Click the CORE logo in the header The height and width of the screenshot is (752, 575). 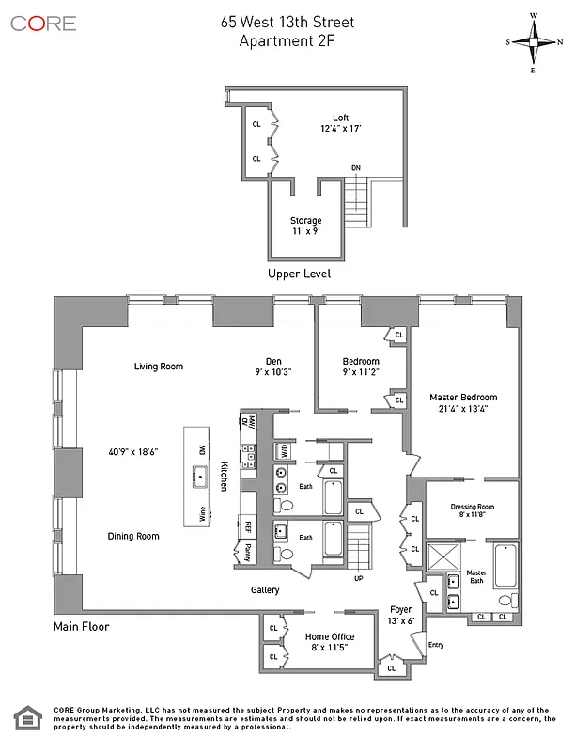(x=43, y=23)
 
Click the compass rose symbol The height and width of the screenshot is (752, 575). (x=533, y=42)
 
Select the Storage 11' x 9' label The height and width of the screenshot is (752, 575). (x=305, y=227)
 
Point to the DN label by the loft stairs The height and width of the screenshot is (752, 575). (x=356, y=168)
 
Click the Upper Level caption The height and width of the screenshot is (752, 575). (x=299, y=274)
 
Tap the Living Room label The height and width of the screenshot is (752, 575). (x=158, y=367)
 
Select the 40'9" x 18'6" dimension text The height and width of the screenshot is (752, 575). (x=132, y=451)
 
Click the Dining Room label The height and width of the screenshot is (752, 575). (x=132, y=536)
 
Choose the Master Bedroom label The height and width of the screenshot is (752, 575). (x=462, y=398)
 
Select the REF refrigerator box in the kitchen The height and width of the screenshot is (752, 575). (x=249, y=527)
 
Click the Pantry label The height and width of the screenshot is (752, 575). (x=248, y=550)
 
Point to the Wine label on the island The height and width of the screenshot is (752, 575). (x=201, y=513)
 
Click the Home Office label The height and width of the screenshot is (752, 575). (x=329, y=636)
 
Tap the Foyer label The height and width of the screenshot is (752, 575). (x=401, y=609)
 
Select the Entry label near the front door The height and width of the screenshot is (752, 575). (x=435, y=645)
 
